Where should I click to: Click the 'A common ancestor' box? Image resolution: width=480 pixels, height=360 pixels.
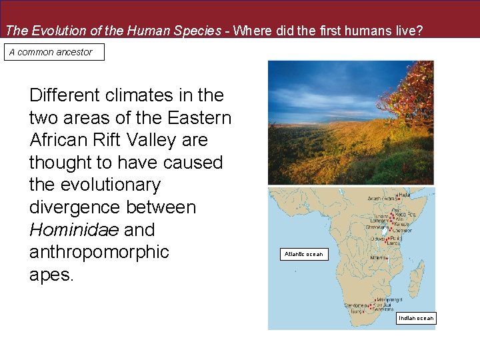point(54,52)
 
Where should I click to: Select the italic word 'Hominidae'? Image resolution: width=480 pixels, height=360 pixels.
point(73,230)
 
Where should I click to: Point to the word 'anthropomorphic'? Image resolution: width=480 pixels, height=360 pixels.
point(99,253)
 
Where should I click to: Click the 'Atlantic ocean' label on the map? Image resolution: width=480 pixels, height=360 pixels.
point(303,254)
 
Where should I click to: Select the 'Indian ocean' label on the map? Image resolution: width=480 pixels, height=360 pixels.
point(416,318)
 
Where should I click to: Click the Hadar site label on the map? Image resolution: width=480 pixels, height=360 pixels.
point(404,195)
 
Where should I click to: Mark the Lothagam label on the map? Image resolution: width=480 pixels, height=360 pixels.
point(379,220)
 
